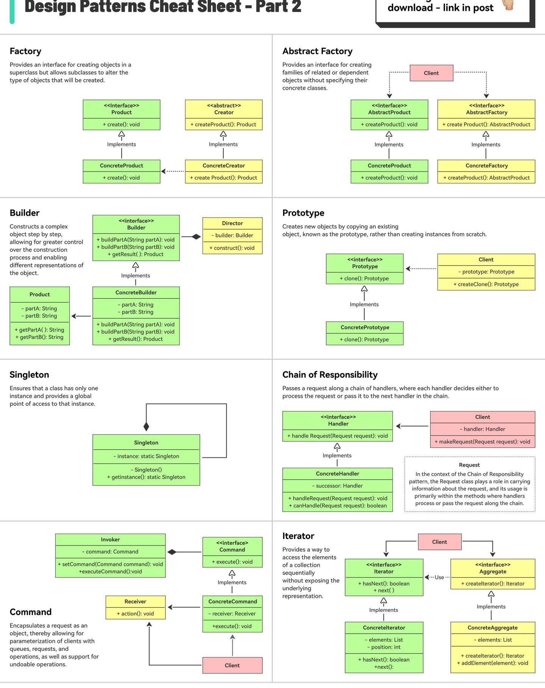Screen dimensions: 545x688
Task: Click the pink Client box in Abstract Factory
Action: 431,73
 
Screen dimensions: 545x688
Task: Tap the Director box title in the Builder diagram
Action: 232,223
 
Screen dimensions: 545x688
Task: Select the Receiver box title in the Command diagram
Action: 135,601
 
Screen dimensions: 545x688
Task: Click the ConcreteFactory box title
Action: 487,165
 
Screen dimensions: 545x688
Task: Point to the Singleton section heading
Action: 30,375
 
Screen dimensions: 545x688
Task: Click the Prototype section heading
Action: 303,213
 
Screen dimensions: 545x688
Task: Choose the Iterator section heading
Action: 298,536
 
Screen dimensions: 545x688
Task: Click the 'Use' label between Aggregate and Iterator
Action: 439,577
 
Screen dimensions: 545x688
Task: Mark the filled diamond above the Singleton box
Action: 146,426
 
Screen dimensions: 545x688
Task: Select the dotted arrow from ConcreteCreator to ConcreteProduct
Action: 173,171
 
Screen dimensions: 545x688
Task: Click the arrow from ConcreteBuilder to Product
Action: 81,316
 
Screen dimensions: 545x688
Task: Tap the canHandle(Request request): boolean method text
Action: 338,506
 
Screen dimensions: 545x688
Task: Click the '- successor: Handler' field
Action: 337,486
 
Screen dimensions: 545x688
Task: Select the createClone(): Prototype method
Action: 486,284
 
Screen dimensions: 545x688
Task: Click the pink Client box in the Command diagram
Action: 232,665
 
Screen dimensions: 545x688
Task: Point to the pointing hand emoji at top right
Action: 508,5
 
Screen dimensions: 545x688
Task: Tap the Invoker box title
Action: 110,539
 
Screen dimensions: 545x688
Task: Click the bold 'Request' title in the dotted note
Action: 469,465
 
